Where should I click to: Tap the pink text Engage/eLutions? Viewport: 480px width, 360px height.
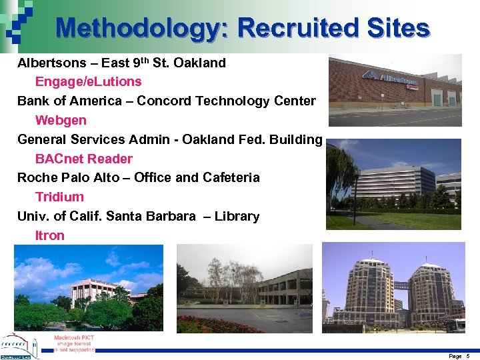pyautogui.click(x=88, y=82)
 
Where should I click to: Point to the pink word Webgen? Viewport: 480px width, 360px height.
pyautogui.click(x=61, y=121)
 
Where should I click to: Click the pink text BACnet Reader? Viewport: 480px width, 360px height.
pyautogui.click(x=83, y=159)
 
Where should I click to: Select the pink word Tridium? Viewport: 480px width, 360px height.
pyautogui.click(x=59, y=197)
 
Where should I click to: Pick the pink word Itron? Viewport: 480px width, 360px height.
pyautogui.click(x=50, y=235)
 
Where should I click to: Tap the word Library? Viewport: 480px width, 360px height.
pyautogui.click(x=237, y=217)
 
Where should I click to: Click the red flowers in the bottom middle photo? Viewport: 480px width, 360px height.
pyautogui.click(x=213, y=325)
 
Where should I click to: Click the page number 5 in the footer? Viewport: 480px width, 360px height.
pyautogui.click(x=468, y=356)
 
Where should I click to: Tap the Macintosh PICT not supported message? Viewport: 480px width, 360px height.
pyautogui.click(x=74, y=343)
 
